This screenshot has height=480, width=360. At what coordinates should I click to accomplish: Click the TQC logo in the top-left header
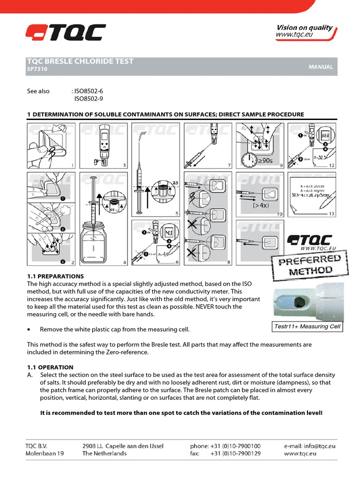(66, 33)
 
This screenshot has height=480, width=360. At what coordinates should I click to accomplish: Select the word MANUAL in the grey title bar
(321, 67)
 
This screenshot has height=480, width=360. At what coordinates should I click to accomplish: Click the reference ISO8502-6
(89, 91)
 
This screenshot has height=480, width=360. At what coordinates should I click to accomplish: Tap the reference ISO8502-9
(89, 99)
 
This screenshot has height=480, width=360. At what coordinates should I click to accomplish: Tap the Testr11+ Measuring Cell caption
(307, 327)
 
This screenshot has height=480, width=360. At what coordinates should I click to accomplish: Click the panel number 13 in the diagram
(332, 214)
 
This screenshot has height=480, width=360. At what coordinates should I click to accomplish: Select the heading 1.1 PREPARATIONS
(55, 277)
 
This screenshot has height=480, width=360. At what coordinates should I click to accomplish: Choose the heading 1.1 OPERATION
(50, 367)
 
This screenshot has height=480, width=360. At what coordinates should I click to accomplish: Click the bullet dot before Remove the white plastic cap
(29, 330)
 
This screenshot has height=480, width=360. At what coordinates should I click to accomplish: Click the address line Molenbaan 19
(45, 454)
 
